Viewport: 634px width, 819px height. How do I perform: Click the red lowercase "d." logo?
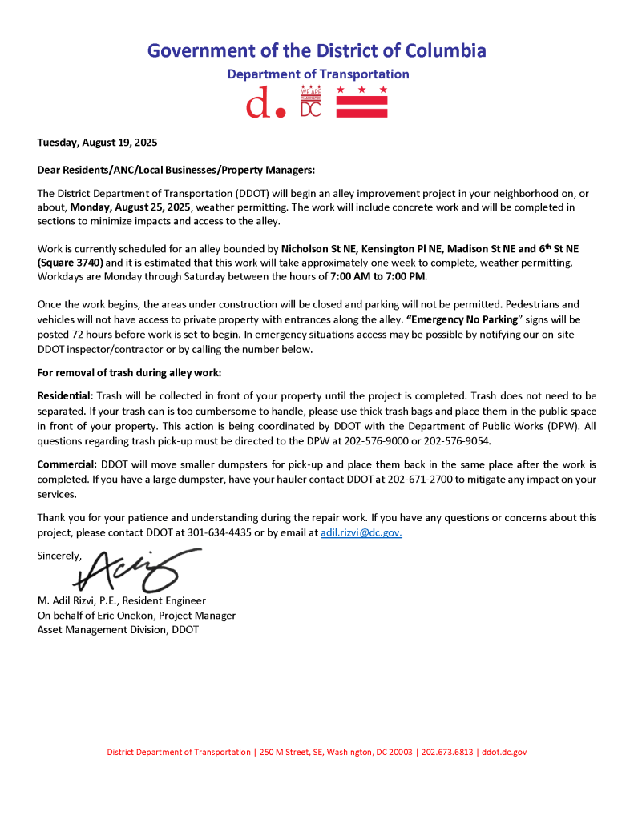point(265,103)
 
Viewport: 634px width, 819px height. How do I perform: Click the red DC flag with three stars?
point(361,102)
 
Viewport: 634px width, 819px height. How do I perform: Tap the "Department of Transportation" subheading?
point(317,74)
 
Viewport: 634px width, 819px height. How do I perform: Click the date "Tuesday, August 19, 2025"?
point(97,143)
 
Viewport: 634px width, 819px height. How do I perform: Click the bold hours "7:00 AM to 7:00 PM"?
point(378,276)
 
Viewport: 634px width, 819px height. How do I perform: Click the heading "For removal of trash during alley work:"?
point(129,373)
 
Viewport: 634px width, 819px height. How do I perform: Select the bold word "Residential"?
point(65,396)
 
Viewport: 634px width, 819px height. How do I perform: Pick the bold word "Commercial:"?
point(67,464)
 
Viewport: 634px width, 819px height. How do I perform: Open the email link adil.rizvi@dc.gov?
point(361,532)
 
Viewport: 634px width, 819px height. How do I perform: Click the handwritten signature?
point(136,568)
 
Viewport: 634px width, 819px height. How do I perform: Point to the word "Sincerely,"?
point(59,555)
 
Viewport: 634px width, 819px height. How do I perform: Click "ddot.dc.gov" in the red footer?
point(504,753)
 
